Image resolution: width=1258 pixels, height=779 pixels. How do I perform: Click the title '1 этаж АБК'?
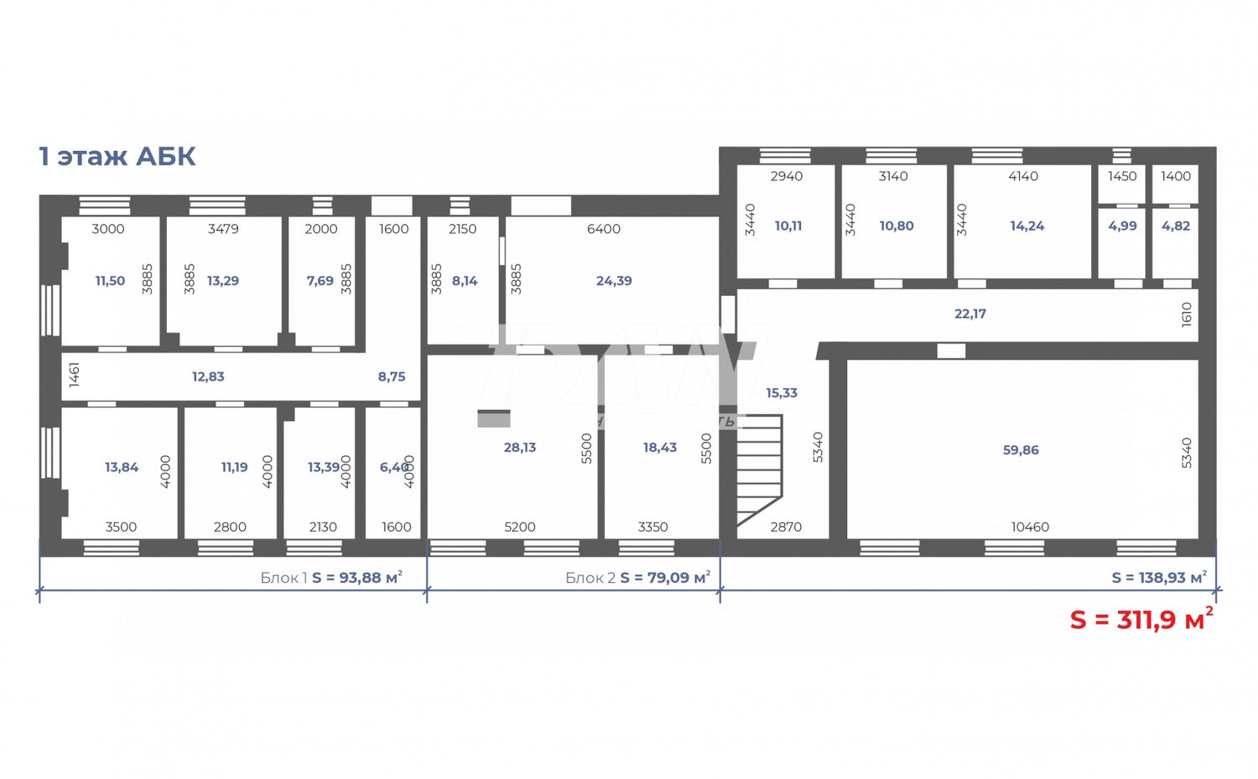117,157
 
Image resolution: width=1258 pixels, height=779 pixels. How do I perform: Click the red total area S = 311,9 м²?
1141,620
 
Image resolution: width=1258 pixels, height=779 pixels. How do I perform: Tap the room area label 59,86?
1021,450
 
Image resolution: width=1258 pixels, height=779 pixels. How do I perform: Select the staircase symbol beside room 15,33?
758,469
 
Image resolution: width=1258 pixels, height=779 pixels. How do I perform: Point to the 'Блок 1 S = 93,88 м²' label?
331,578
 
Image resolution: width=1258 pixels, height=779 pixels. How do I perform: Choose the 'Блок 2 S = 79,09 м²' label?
637,578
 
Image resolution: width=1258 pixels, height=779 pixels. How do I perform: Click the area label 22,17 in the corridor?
970,314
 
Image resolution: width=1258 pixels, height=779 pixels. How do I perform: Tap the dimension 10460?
1030,527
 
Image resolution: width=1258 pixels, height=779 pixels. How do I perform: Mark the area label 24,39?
614,281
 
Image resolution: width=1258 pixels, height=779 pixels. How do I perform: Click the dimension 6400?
604,229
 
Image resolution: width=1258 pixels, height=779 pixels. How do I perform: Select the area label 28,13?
520,448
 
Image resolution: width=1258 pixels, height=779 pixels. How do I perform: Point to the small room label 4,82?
1176,226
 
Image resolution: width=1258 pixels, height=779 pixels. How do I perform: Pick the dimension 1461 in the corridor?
75,374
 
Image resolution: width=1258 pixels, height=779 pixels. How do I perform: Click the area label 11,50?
110,281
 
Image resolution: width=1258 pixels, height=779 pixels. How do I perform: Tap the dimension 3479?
223,229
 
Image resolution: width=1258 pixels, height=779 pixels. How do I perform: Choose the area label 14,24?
1027,226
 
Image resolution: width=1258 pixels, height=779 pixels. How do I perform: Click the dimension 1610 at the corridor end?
1187,314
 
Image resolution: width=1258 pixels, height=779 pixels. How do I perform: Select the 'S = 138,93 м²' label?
1159,578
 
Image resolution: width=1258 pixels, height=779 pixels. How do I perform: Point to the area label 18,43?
660,448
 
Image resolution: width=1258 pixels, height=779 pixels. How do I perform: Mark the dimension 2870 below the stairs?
786,527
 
